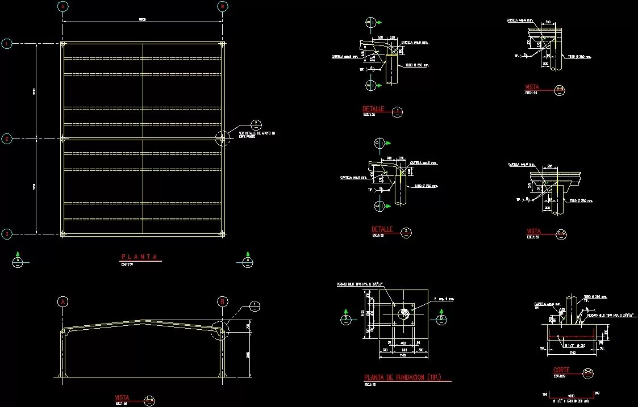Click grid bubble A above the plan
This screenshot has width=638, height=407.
pos(62,6)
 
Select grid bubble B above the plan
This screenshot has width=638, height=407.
pos(222,6)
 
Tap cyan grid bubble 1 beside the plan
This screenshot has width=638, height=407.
pos(7,43)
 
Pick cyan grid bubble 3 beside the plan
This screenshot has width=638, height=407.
pos(7,233)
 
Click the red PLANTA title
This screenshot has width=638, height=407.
pos(139,257)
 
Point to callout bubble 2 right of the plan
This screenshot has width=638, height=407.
pos(256,124)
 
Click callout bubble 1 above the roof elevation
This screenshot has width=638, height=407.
pos(255,306)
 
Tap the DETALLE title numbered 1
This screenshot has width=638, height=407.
pos(374,108)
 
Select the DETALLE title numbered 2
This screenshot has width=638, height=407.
pos(382,229)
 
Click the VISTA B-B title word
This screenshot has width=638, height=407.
pos(533,87)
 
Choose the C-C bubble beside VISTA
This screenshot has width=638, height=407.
pos(561,233)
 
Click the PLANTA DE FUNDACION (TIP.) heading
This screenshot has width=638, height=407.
pos(402,377)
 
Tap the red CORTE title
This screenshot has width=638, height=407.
pos(561,370)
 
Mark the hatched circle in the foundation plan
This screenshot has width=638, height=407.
pos(404,312)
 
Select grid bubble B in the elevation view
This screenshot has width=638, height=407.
pos(222,301)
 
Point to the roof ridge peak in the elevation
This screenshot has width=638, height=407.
pos(143,321)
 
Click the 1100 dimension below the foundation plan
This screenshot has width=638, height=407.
pos(403,356)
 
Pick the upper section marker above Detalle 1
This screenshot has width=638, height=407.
pos(370,23)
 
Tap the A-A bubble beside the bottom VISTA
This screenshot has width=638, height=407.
pos(149,401)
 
